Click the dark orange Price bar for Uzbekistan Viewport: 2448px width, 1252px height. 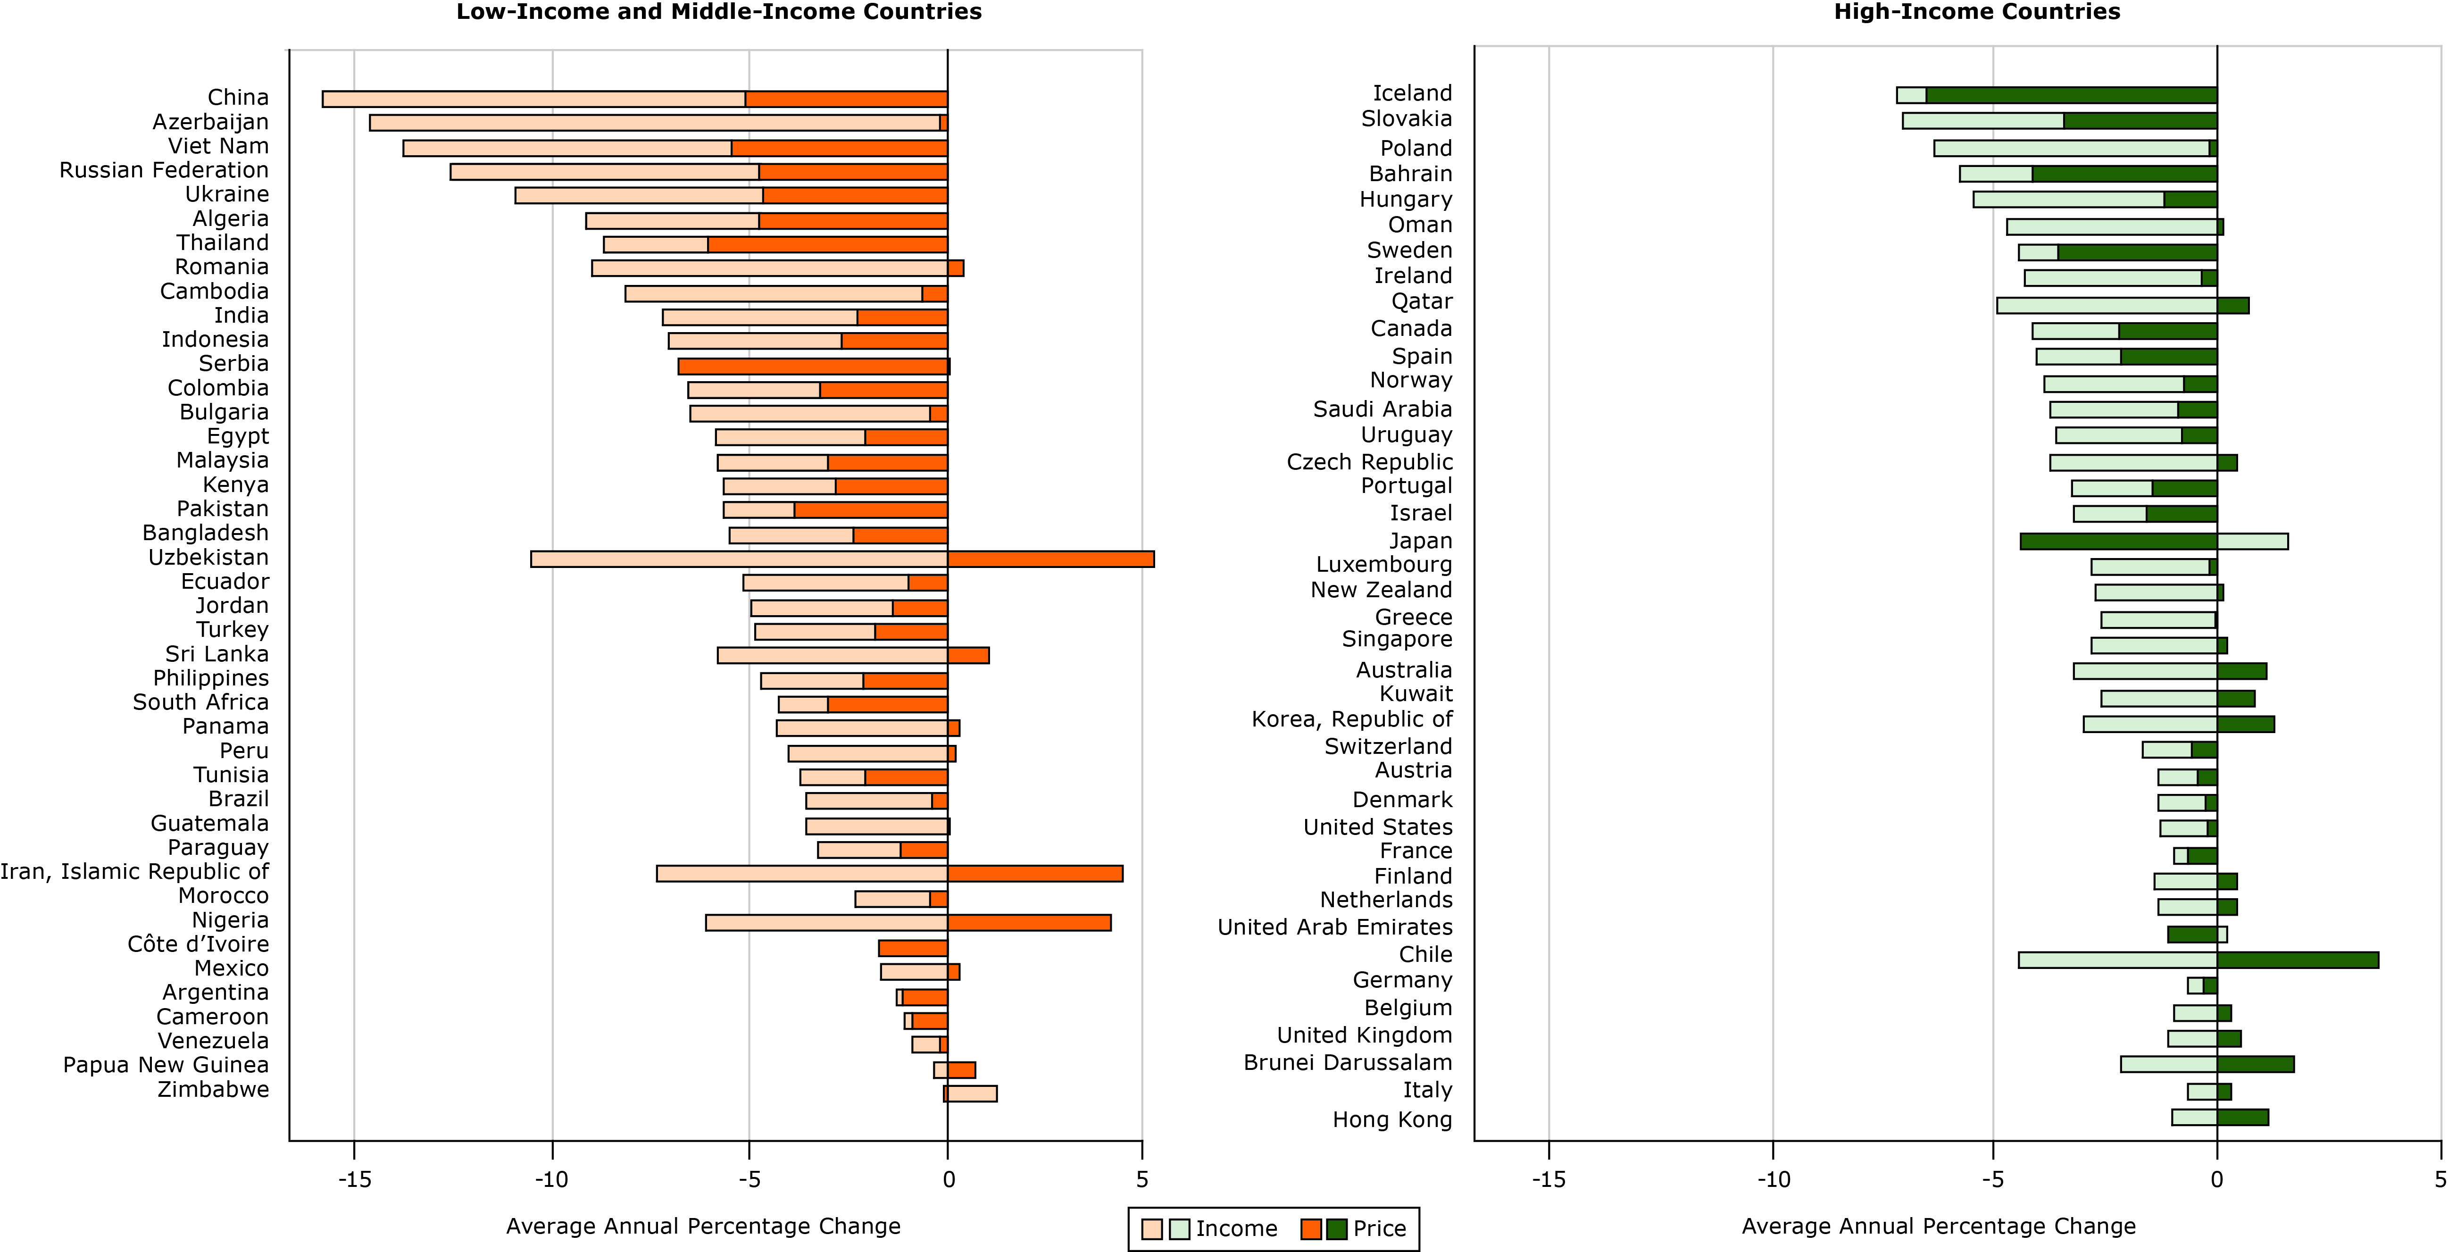1050,559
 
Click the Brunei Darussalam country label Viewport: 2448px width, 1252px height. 1348,1063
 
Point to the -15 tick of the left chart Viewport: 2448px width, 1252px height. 355,1180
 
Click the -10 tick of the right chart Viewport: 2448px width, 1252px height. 1773,1180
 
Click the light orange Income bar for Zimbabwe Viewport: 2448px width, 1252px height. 971,1093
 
